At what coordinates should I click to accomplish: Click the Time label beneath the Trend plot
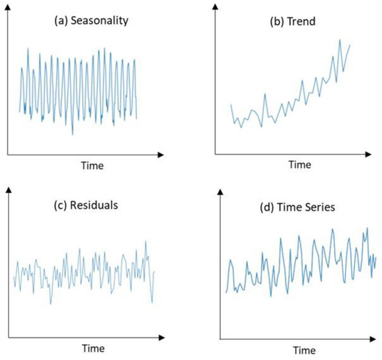(x=300, y=165)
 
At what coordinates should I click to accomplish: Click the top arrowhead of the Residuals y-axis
(x=8, y=189)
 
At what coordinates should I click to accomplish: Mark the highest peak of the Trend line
(x=340, y=40)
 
